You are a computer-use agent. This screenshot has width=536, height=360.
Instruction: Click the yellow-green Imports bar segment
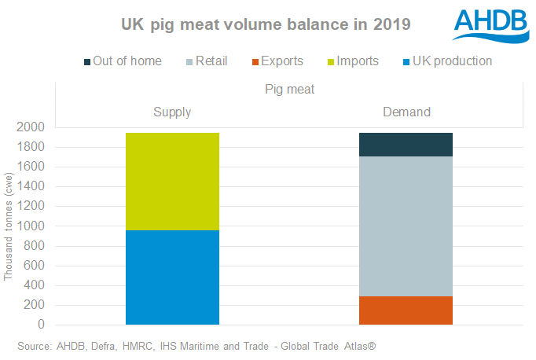tap(172, 181)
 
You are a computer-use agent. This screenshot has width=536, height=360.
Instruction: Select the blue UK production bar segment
tap(172, 277)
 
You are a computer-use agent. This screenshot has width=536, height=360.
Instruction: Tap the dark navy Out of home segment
tap(406, 145)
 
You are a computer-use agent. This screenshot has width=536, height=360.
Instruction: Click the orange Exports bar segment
tap(406, 310)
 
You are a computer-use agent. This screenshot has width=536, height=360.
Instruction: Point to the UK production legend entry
tap(446, 61)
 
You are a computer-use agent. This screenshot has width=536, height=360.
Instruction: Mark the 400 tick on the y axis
tap(34, 285)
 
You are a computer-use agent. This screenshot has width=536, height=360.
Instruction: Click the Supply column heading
tap(172, 112)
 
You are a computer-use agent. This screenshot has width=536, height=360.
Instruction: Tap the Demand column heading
tap(406, 112)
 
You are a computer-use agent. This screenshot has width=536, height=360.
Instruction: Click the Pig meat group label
tap(289, 90)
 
